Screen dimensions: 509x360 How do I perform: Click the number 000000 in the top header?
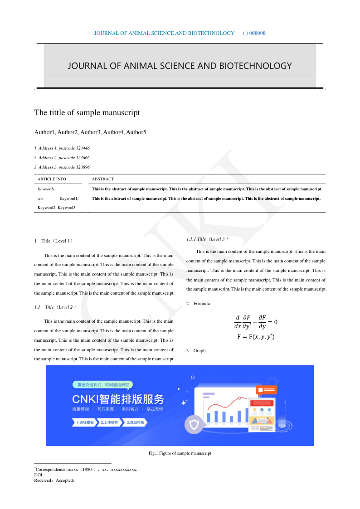pos(257,33)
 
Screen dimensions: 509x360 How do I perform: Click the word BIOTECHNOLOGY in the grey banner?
pos(255,66)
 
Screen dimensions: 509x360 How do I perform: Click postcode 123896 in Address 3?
pos(81,167)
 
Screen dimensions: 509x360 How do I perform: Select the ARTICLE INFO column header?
pos(52,179)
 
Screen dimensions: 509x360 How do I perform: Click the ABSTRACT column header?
pos(102,179)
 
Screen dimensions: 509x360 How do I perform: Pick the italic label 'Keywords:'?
pos(47,189)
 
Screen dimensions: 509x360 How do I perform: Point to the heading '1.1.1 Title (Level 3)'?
pos(207,239)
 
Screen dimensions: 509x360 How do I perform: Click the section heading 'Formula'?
pos(201,304)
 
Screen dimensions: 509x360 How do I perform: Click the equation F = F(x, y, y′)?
pos(256,337)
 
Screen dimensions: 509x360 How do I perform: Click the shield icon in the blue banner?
pos(194,425)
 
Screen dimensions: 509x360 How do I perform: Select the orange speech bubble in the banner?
pos(266,389)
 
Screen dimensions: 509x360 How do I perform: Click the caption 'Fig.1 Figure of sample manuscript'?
pos(180,453)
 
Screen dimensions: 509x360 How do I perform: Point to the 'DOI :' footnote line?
pos(39,475)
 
